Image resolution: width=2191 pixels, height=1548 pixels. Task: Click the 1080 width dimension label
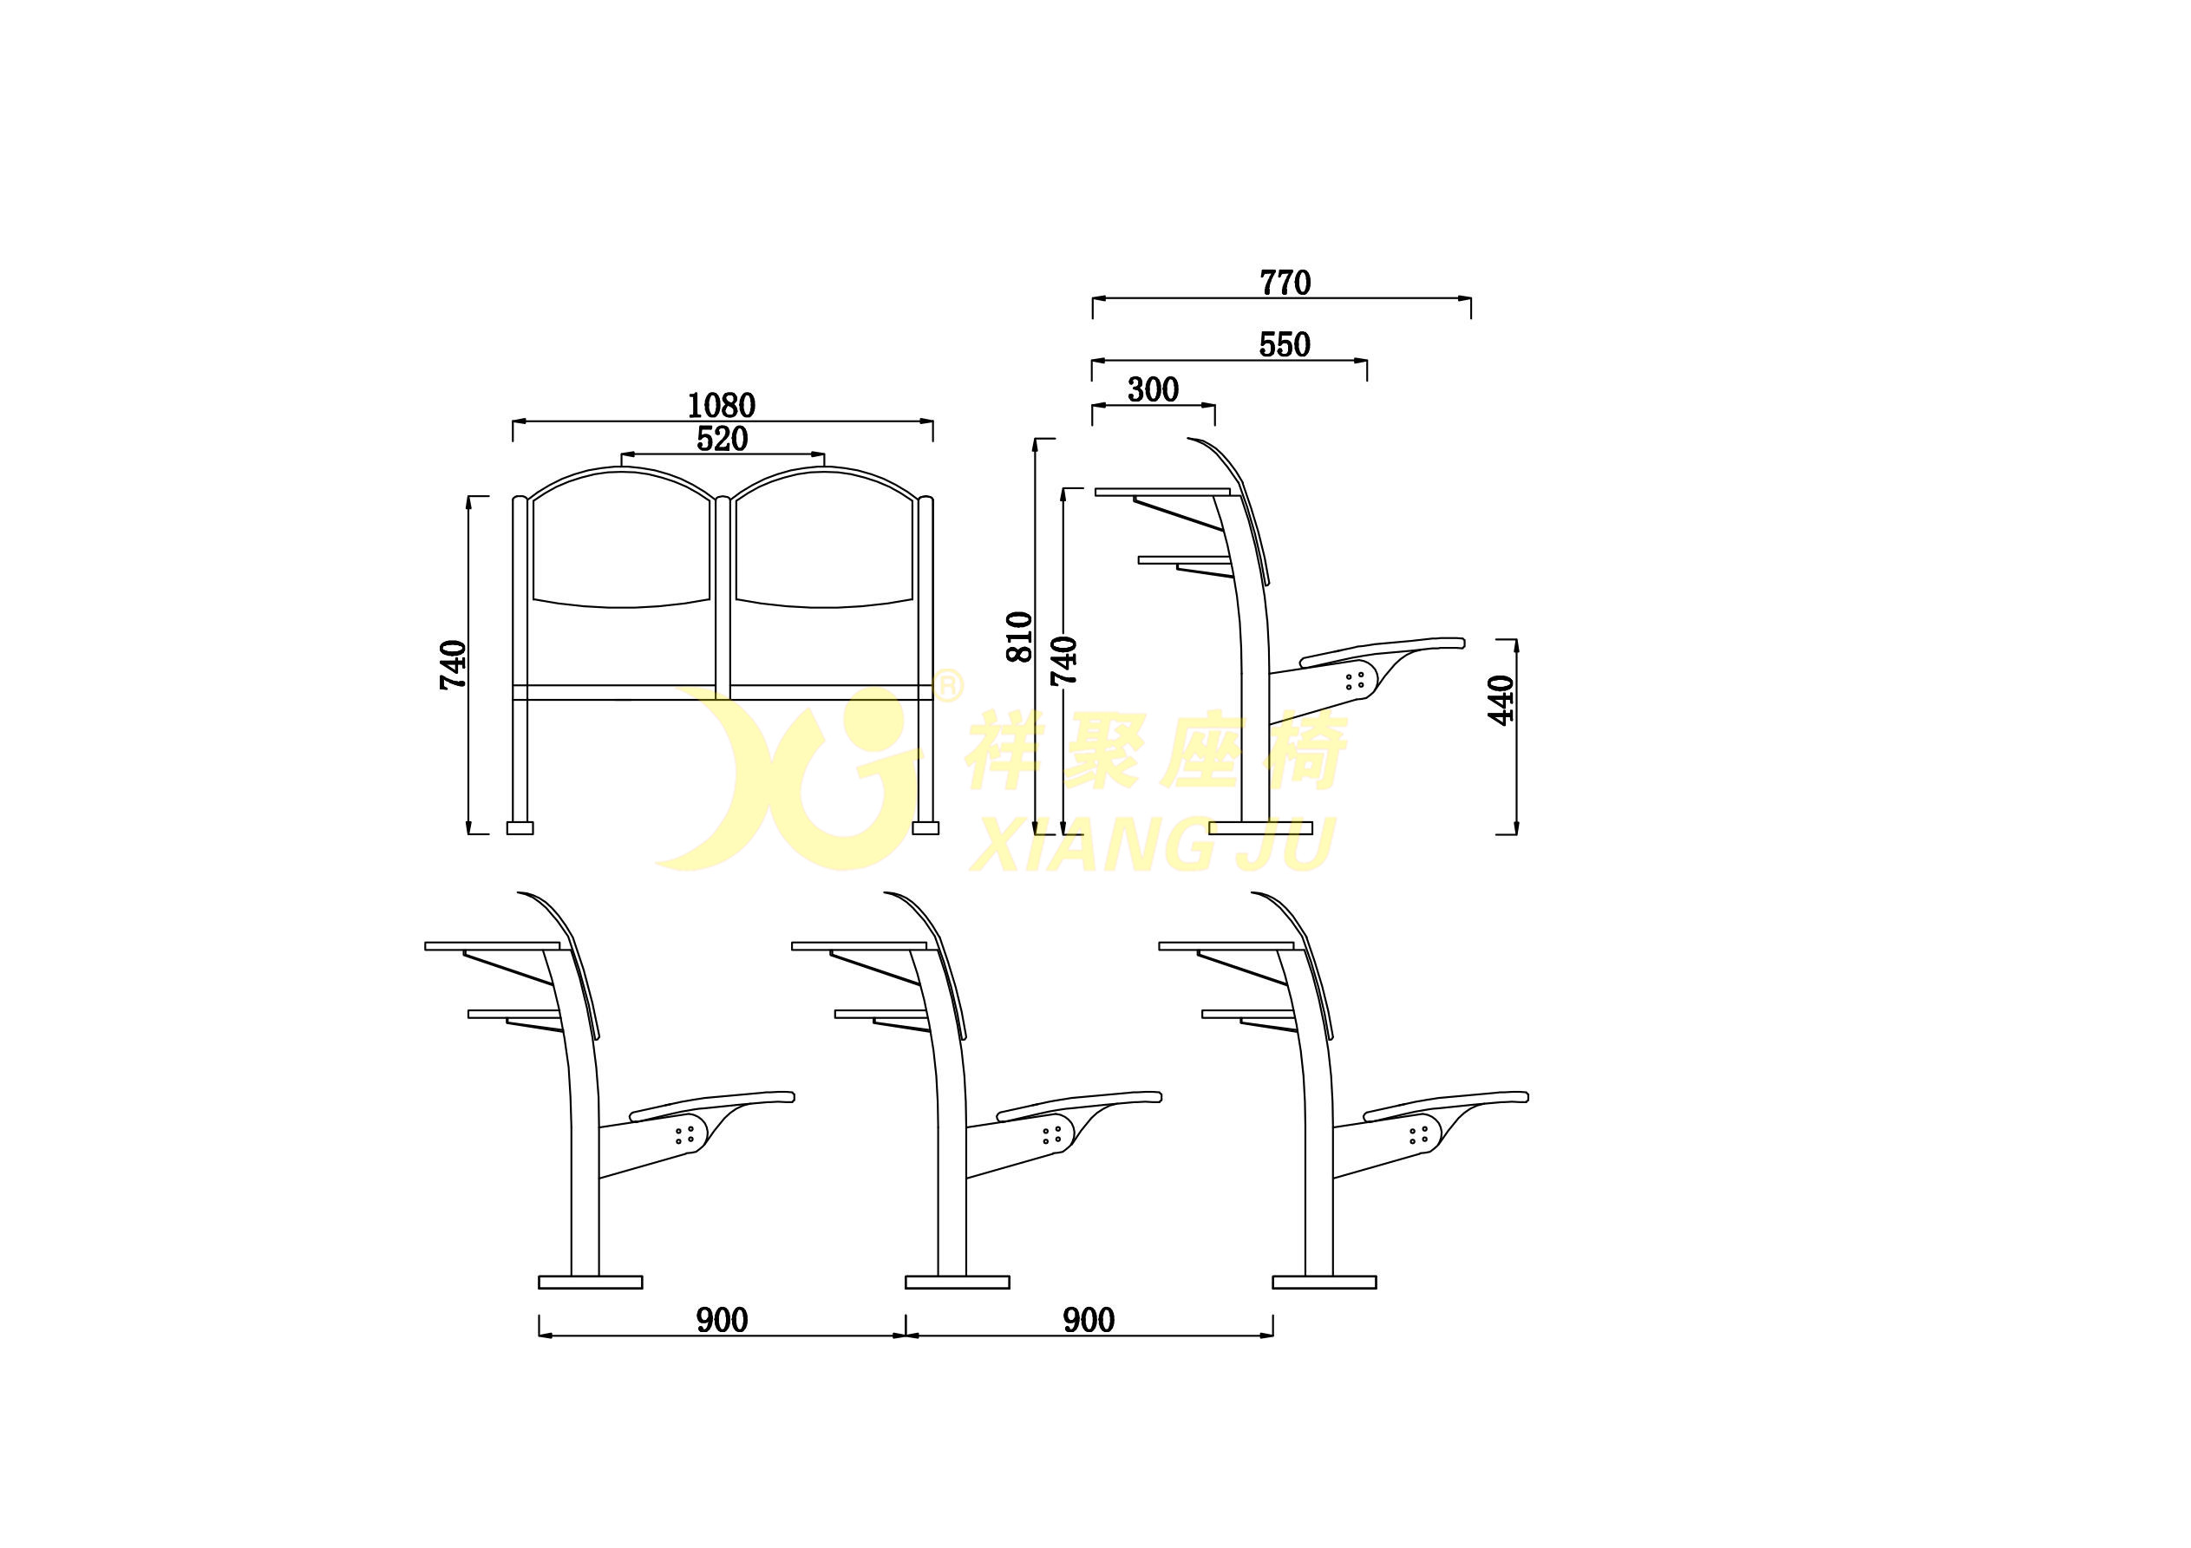[x=722, y=406]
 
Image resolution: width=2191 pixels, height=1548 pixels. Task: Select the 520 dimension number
[x=723, y=439]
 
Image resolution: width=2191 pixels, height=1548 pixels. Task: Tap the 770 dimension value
[x=1285, y=284]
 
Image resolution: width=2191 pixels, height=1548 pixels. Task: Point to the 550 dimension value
[x=1285, y=344]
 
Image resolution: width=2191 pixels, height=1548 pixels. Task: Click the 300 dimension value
[x=1153, y=389]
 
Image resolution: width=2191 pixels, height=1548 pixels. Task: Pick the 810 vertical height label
[x=1020, y=637]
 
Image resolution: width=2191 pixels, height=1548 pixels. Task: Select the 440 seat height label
[x=1502, y=700]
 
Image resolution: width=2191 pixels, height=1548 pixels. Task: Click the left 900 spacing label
[x=722, y=1320]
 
